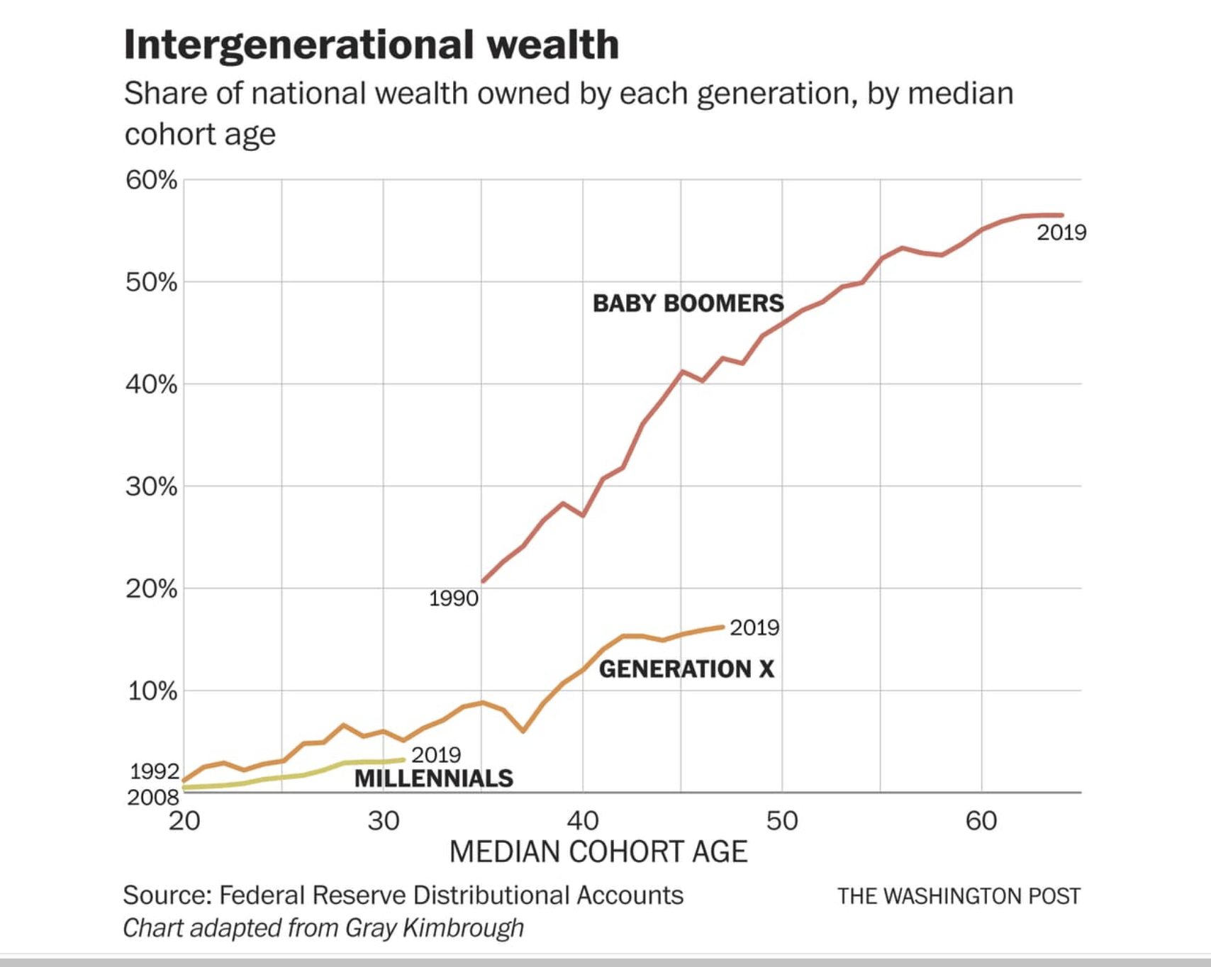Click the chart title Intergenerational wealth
point(371,45)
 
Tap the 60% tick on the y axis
point(151,180)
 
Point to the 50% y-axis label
point(151,282)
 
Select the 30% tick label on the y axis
point(151,486)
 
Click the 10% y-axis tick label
point(151,691)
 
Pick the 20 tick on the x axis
point(184,821)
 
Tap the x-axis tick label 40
point(583,821)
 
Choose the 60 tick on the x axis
point(981,821)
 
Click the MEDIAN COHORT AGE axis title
point(598,852)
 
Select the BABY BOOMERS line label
point(688,303)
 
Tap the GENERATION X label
point(686,669)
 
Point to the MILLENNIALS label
point(433,778)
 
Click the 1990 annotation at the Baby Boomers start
point(453,599)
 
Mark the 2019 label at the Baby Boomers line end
point(1061,233)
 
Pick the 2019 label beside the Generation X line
point(754,627)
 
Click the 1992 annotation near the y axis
point(154,771)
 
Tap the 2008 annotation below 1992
point(153,798)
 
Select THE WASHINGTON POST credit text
point(959,896)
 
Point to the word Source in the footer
point(167,895)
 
